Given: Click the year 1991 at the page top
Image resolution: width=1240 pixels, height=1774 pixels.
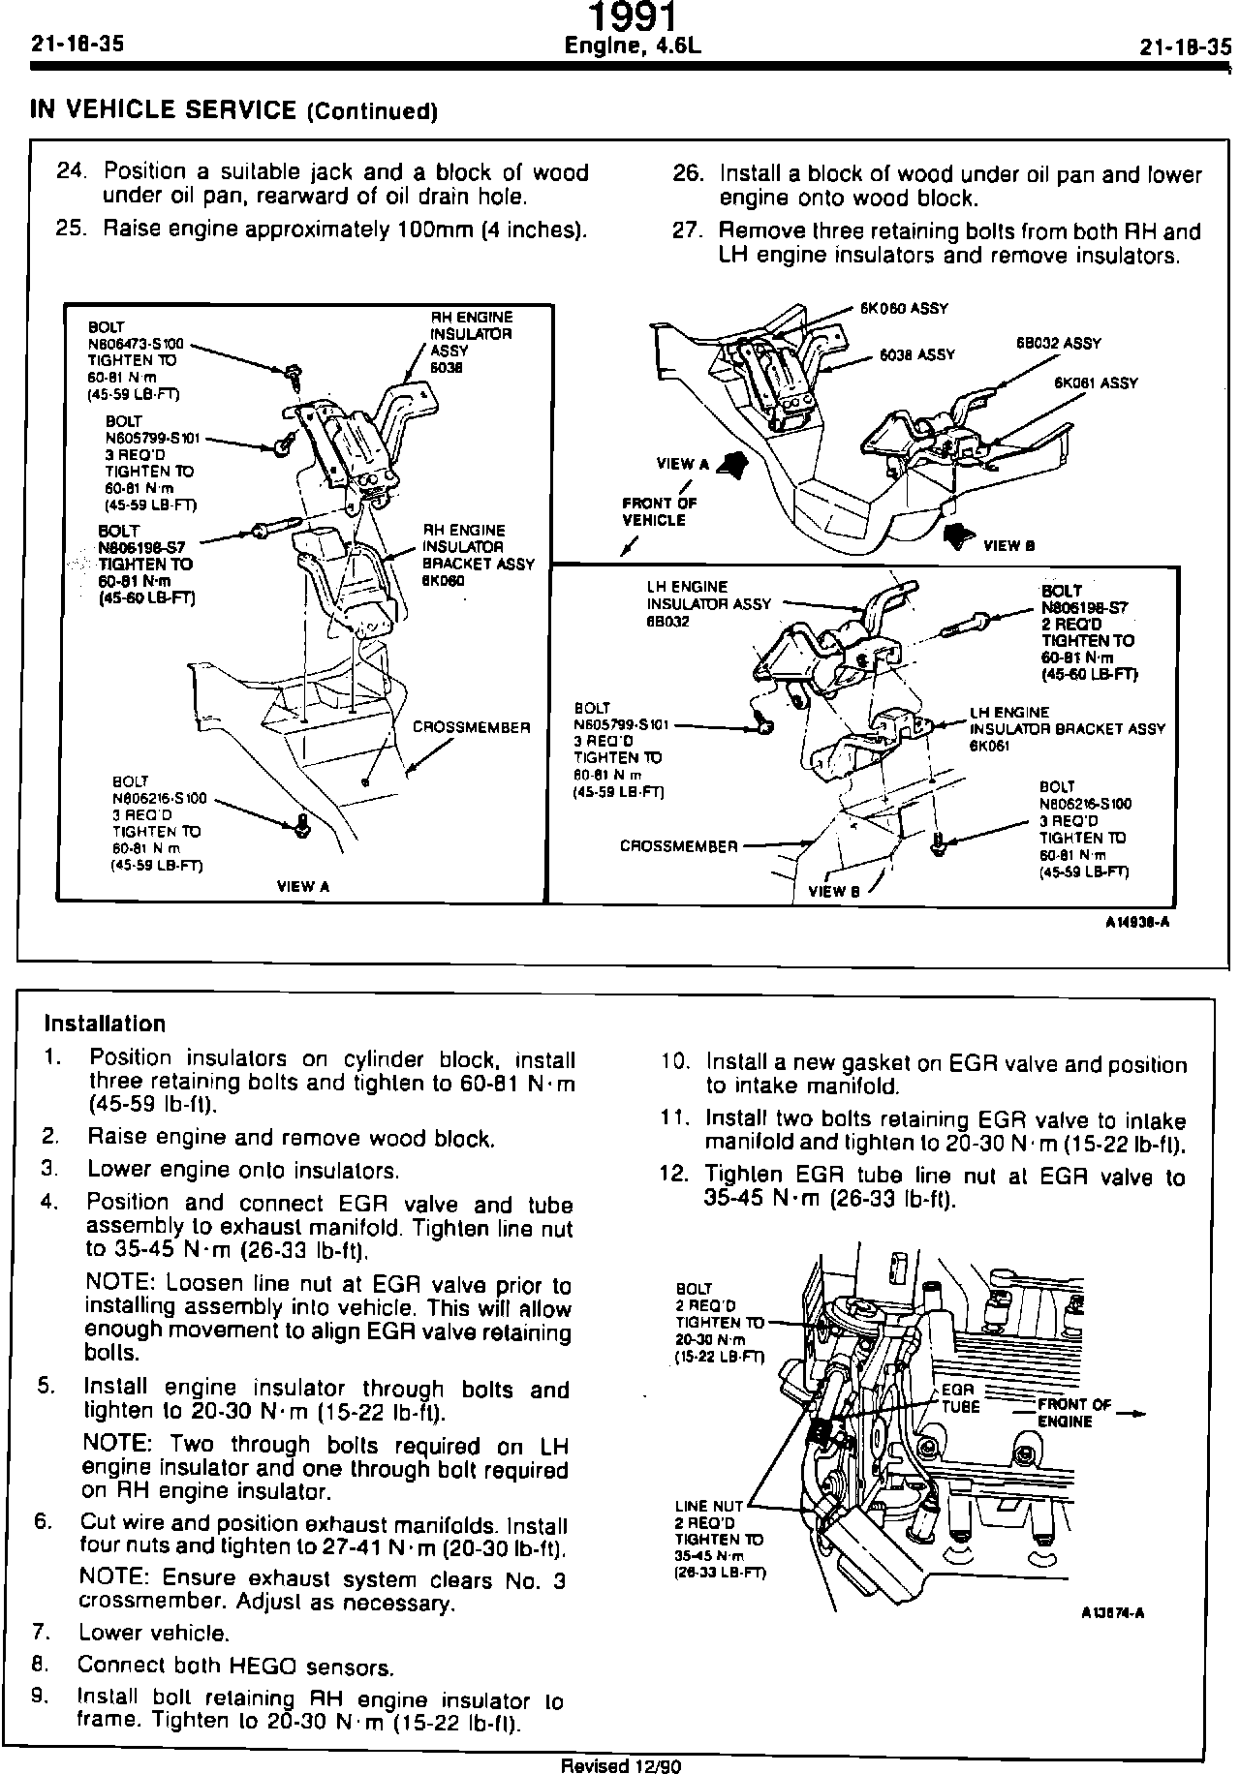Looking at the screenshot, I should [634, 17].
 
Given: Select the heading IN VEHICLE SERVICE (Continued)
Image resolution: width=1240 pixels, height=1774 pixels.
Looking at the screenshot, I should [233, 110].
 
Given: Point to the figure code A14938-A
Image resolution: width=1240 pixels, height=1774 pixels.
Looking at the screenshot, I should [1137, 921].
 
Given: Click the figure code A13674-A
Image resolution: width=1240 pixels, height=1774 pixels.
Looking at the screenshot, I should [1114, 1613].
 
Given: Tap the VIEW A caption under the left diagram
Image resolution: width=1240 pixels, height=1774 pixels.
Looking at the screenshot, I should [303, 885].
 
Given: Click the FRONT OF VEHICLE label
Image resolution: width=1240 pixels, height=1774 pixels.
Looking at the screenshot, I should [659, 511].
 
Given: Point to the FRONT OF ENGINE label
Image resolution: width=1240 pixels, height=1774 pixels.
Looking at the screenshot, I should [1074, 1413].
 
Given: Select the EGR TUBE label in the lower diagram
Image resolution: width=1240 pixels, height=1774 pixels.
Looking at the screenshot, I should [960, 1398].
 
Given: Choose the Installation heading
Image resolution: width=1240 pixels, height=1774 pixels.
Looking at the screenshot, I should [106, 1024].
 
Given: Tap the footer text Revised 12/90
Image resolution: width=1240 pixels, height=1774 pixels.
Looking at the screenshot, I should [622, 1765].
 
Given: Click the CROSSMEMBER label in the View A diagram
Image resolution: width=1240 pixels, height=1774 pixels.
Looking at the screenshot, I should [472, 727].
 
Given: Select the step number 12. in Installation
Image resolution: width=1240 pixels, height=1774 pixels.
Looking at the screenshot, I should [672, 1175].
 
